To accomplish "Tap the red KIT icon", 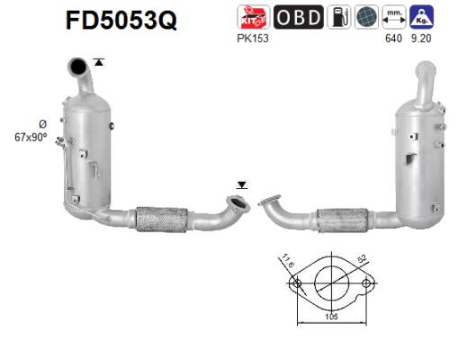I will click(251, 18).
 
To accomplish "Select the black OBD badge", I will click(293, 18).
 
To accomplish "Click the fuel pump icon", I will click(338, 18).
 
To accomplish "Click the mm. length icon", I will click(393, 18).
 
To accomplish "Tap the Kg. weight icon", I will click(421, 18).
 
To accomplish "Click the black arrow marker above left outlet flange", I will click(240, 184).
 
